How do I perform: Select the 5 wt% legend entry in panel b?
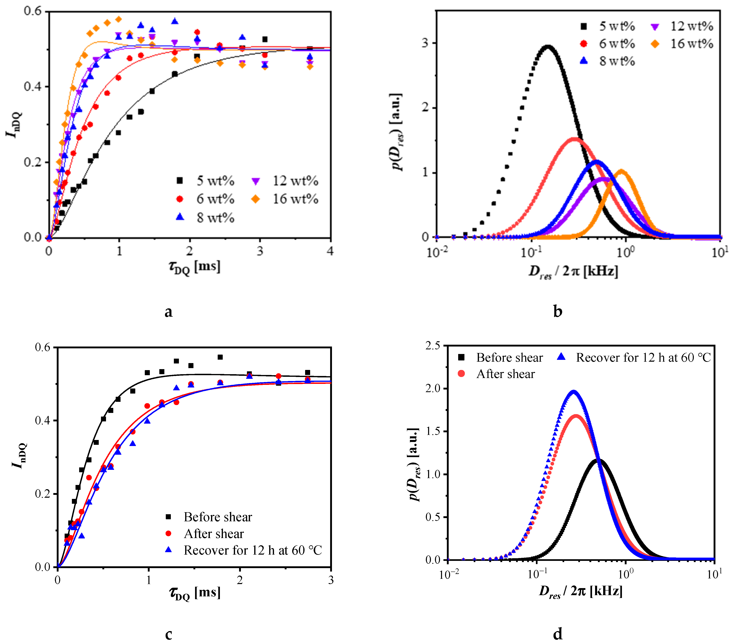[607, 26]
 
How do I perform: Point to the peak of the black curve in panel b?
[548, 46]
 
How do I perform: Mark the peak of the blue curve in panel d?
[574, 392]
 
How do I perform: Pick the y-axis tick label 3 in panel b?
[425, 43]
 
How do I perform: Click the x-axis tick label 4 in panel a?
[330, 251]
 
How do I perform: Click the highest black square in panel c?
[220, 357]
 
